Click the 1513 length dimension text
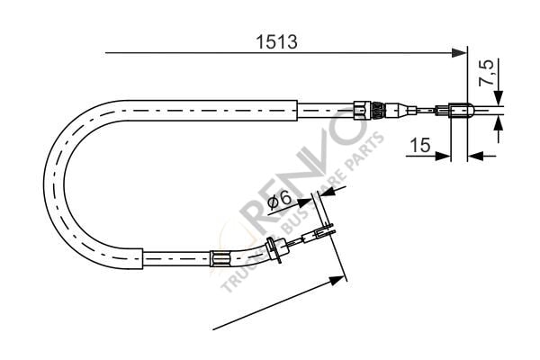click(275, 41)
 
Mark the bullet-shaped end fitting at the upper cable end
click(459, 112)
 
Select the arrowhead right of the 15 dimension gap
click(476, 155)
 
